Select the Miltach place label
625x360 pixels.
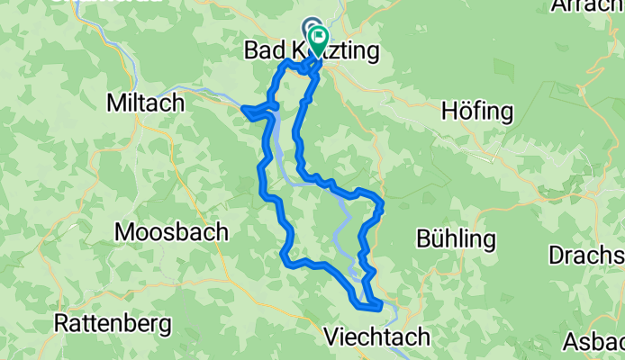145,103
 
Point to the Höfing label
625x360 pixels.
477,112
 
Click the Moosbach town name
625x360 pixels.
171,232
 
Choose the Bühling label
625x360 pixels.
457,239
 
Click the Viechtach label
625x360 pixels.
376,337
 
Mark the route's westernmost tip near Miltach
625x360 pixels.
244,110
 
